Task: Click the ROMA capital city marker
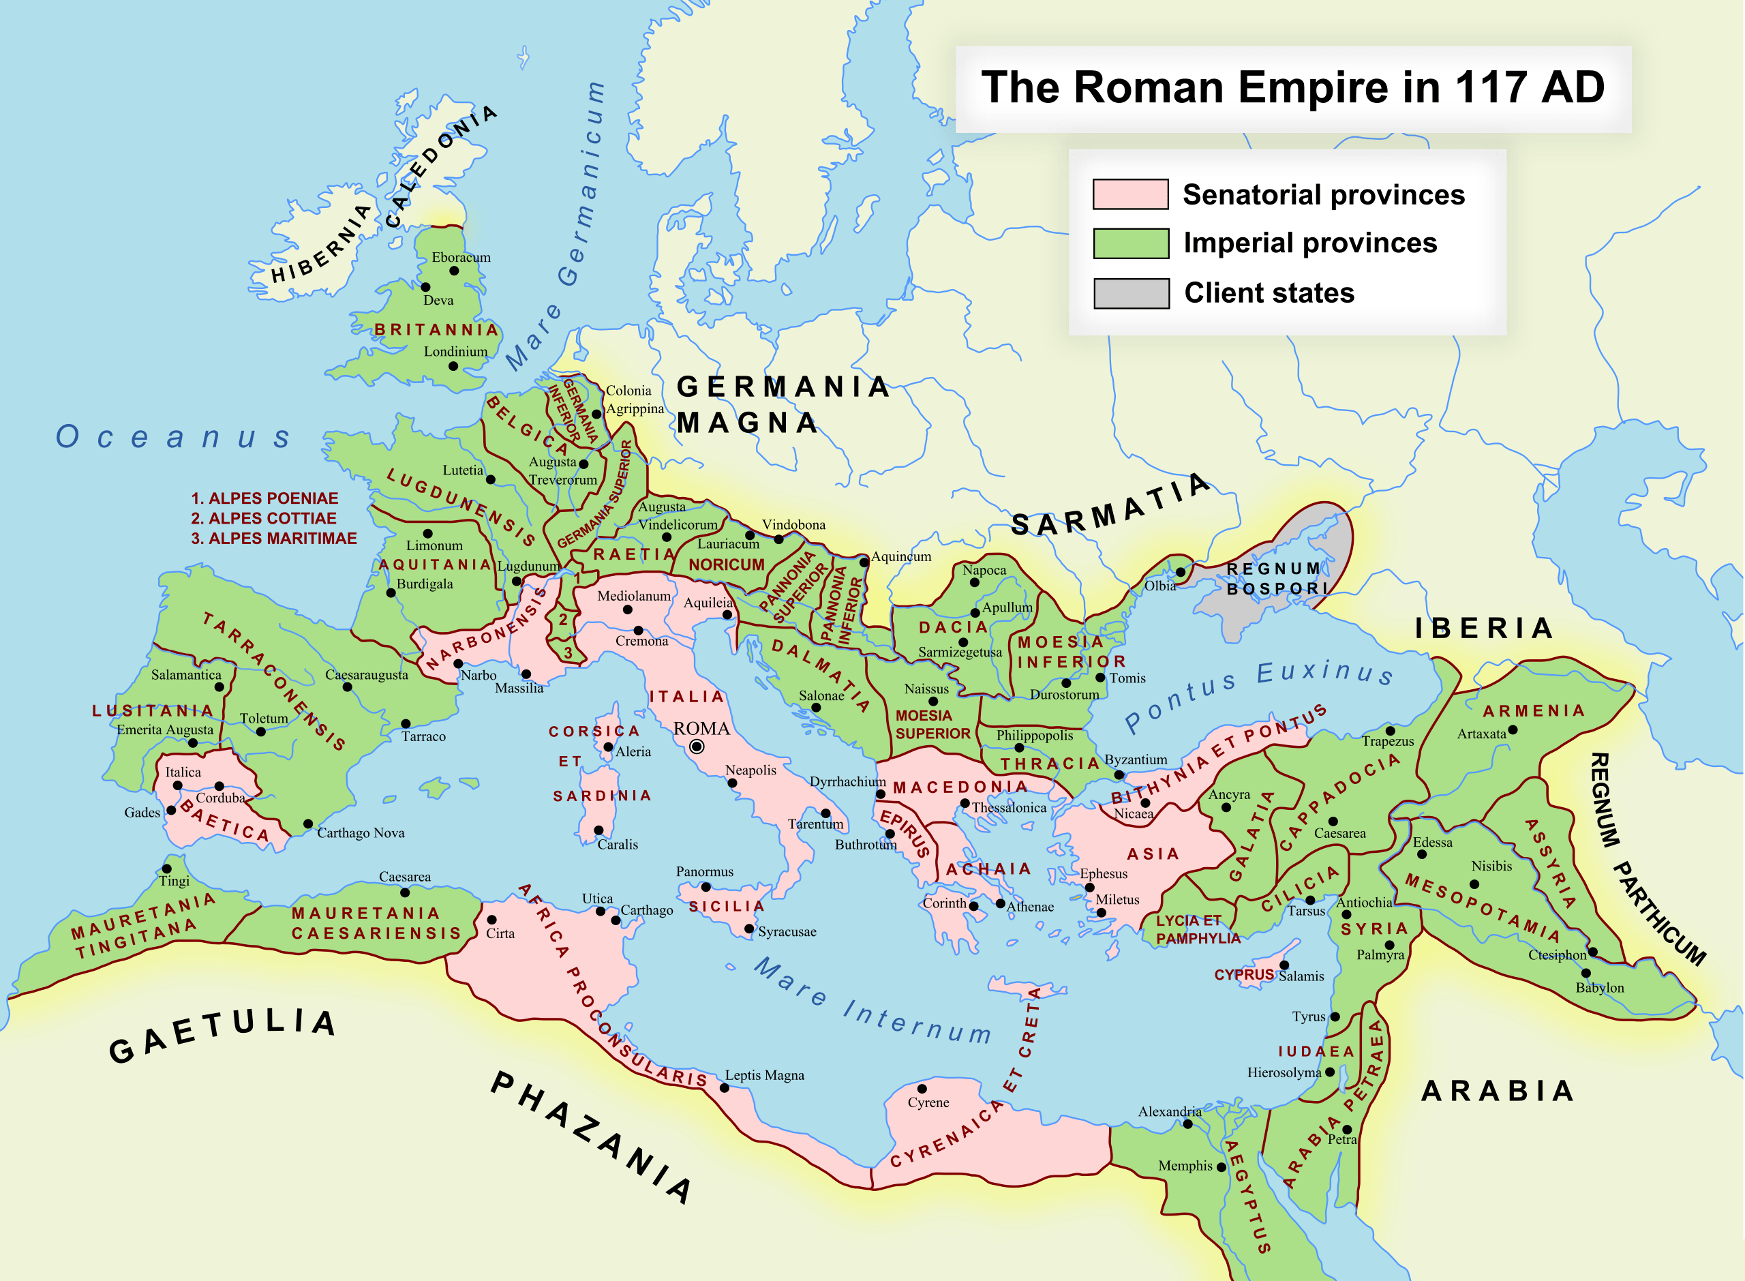click(x=696, y=747)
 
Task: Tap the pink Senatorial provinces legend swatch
click(x=1129, y=194)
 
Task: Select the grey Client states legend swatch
click(x=1130, y=293)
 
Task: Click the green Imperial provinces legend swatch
click(x=1130, y=243)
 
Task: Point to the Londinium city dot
click(x=453, y=366)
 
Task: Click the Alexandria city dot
click(x=1187, y=1124)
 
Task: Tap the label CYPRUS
click(x=1243, y=975)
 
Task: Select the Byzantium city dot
click(x=1119, y=774)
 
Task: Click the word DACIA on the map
click(x=953, y=627)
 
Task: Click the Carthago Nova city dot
click(x=307, y=824)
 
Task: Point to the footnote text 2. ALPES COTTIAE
click(x=264, y=518)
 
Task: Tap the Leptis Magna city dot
click(x=724, y=1088)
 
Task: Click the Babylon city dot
click(x=1585, y=972)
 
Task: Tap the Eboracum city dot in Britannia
click(x=454, y=271)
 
